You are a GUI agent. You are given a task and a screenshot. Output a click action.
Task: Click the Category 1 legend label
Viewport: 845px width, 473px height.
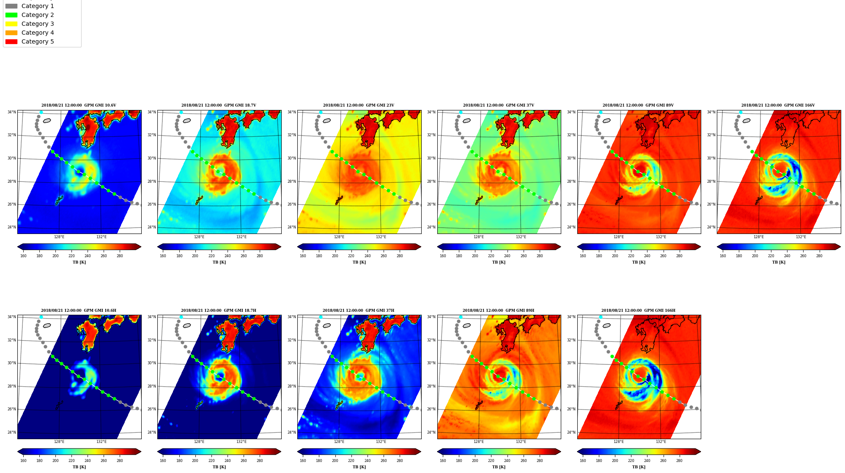click(38, 6)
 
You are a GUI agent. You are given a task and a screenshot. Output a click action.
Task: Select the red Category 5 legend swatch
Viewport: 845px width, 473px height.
click(11, 41)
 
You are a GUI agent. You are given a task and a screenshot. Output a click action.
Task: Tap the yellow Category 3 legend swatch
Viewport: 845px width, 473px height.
click(11, 24)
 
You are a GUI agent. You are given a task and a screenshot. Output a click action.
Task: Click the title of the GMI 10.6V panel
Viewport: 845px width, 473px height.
click(79, 105)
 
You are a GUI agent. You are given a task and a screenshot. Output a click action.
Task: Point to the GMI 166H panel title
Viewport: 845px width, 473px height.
click(638, 311)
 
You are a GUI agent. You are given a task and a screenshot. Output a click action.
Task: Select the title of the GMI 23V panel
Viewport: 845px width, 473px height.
click(359, 105)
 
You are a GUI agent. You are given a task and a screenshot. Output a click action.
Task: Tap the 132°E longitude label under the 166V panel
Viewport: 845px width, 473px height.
click(801, 237)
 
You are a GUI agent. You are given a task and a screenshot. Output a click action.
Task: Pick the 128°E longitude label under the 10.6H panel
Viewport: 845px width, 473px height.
click(59, 442)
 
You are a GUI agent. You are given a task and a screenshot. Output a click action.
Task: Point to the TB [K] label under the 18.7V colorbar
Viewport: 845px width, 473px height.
click(219, 262)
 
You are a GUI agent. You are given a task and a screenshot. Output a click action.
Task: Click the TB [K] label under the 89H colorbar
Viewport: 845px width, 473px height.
click(499, 467)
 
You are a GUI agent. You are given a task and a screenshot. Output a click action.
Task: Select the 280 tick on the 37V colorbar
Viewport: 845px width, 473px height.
click(540, 256)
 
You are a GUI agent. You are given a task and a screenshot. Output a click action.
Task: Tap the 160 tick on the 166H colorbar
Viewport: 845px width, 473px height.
click(583, 461)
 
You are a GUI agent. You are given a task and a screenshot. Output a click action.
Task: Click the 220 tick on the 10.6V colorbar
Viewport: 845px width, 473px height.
click(71, 256)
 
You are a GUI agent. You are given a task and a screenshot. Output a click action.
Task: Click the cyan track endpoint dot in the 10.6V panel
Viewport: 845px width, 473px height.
click(41, 112)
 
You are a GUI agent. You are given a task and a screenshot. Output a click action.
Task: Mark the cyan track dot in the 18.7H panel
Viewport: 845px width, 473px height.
click(181, 317)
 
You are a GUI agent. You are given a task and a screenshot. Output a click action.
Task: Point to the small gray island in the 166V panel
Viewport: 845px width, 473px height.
click(746, 121)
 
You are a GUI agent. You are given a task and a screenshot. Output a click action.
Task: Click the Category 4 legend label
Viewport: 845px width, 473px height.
click(38, 33)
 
